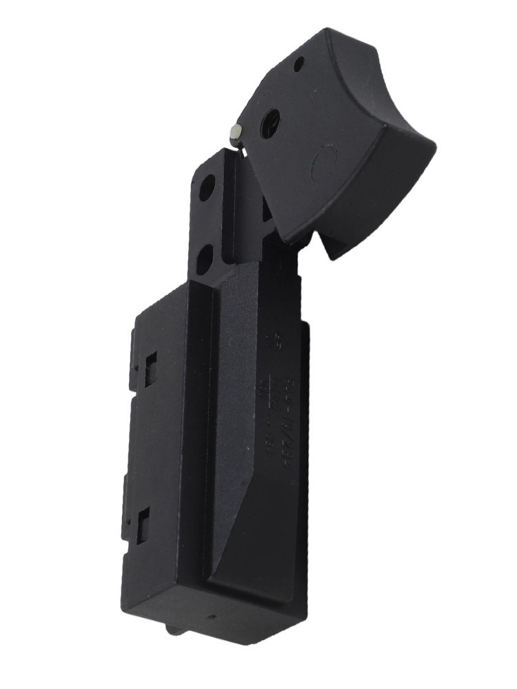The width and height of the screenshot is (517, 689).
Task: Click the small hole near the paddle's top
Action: pyautogui.click(x=298, y=65)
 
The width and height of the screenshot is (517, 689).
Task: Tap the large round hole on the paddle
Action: pyautogui.click(x=270, y=123)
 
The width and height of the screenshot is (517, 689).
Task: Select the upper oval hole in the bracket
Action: pyautogui.click(x=207, y=187)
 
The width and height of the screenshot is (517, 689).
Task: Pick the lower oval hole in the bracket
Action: pyautogui.click(x=204, y=260)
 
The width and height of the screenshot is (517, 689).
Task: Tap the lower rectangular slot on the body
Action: pyautogui.click(x=143, y=527)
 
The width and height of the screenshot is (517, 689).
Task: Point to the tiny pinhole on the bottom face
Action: pyautogui.click(x=213, y=617)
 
